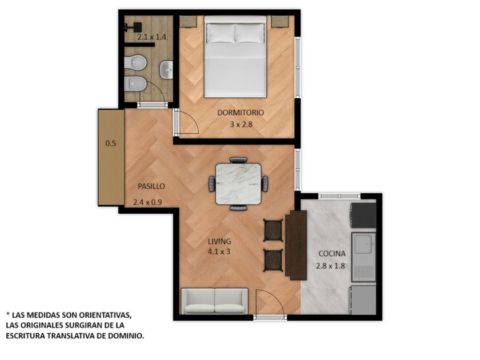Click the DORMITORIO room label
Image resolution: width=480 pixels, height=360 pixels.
click(241, 113)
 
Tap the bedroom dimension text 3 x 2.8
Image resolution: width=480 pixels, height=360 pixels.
click(241, 125)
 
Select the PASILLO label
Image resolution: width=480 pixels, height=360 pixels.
click(151, 186)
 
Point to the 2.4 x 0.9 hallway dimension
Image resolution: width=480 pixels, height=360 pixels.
click(147, 202)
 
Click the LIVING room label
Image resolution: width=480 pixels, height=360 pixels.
click(219, 241)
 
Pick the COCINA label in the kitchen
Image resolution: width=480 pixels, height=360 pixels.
click(332, 254)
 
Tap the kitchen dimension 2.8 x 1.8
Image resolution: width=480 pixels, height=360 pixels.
click(330, 266)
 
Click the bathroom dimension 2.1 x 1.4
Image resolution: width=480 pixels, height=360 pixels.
click(151, 37)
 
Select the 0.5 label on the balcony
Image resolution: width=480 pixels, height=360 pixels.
click(110, 143)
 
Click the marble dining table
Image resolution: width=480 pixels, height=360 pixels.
click(238, 184)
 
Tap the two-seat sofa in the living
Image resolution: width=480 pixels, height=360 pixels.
click(214, 301)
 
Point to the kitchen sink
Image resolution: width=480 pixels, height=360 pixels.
click(363, 257)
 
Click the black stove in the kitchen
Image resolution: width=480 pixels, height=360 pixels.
click(363, 215)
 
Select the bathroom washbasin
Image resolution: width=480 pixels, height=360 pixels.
click(166, 70)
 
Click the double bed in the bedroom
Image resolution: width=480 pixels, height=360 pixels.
click(235, 57)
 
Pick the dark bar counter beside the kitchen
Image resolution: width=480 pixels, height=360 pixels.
click(296, 245)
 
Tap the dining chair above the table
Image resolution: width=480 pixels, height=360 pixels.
click(238, 160)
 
